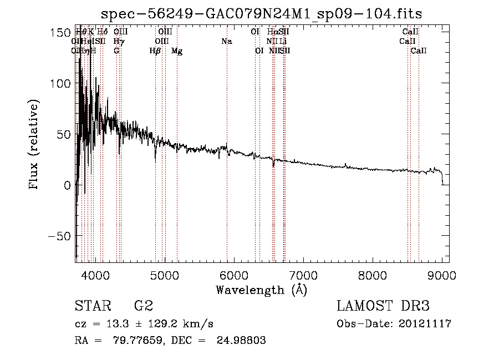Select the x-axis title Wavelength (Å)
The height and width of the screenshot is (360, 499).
coord(261,290)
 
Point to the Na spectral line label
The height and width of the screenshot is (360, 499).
coord(226,42)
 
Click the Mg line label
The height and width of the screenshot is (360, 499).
coord(177,51)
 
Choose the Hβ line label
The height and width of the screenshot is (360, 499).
coord(155,51)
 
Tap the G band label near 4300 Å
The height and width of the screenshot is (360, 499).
coord(116,51)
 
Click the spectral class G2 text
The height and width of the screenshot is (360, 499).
coord(144,306)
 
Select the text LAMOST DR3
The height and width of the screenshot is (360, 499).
coord(383,306)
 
